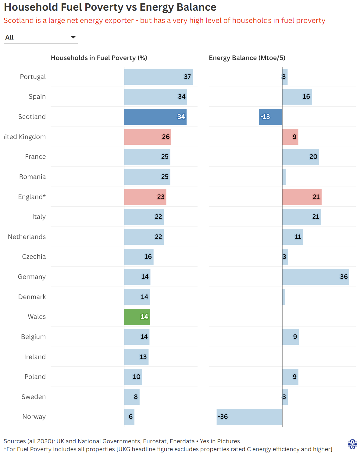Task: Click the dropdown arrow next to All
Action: point(73,37)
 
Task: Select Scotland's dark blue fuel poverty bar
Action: point(155,117)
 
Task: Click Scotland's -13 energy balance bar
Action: point(270,117)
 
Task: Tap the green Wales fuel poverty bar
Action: point(137,317)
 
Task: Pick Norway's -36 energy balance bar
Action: point(249,417)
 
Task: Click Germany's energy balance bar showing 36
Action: point(315,277)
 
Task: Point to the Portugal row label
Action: point(33,77)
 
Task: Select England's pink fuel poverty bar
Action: point(145,197)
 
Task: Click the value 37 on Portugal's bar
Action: point(187,77)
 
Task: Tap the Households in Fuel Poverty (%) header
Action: point(99,58)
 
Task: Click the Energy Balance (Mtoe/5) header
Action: point(247,58)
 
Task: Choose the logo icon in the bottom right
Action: point(352,444)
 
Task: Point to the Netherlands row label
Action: point(27,237)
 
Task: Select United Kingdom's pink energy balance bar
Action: point(290,137)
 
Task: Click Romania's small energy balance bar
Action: point(284,177)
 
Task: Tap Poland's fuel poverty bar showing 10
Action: point(133,377)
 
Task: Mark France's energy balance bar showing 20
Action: point(301,157)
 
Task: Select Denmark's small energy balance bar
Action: point(284,297)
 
